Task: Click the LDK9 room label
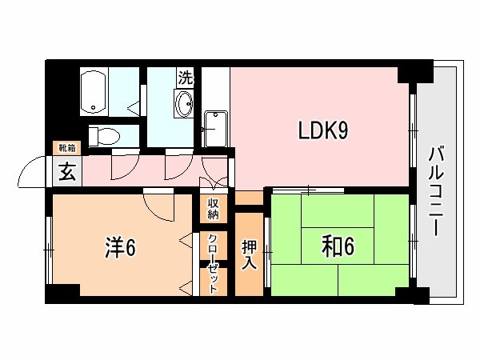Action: (322, 130)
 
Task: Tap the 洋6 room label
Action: (120, 248)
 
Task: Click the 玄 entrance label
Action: (66, 171)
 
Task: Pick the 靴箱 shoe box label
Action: (66, 148)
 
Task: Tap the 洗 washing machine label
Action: (186, 78)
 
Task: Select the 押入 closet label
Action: (249, 254)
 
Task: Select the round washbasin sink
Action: (185, 105)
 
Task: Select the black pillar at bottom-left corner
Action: (51, 294)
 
